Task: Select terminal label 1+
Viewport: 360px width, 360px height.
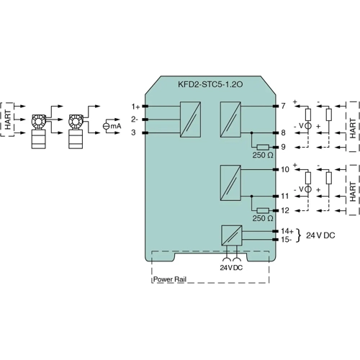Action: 135,106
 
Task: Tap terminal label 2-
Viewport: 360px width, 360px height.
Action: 135,119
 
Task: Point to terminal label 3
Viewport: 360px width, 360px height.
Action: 134,132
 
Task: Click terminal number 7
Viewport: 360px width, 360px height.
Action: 284,106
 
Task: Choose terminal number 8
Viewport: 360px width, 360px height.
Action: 284,132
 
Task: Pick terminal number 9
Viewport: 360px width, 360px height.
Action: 284,146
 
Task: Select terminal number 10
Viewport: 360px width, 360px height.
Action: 285,169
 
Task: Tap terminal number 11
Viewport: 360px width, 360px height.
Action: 285,196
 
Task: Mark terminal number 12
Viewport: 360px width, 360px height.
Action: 285,210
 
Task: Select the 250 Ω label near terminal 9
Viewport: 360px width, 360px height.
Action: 262,156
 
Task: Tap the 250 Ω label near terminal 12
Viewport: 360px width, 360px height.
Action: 262,218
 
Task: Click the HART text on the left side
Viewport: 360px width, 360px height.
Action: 7,120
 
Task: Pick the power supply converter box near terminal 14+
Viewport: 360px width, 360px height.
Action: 231,256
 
